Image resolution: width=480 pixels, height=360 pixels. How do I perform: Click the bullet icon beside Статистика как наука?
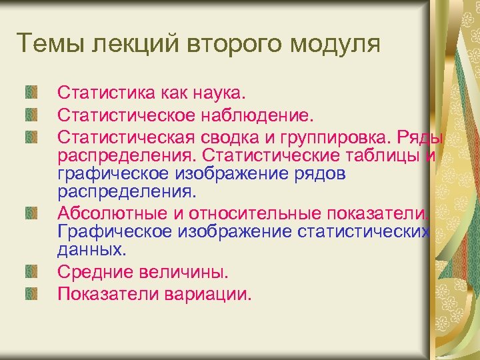click(31, 91)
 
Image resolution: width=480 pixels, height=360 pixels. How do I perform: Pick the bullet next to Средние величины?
click(31, 271)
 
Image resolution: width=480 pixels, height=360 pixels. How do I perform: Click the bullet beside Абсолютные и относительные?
click(31, 213)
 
